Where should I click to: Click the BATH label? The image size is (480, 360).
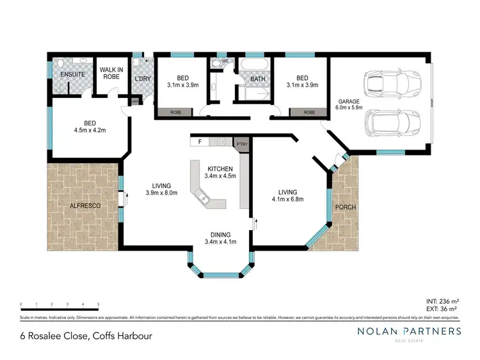tap(257, 79)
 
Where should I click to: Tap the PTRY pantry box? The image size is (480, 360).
tap(241, 144)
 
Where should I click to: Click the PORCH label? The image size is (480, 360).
tap(345, 207)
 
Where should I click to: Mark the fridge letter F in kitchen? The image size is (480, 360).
tap(200, 141)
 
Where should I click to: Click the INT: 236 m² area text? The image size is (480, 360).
tap(442, 301)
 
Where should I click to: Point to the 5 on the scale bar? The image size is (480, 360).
tap(98, 304)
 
